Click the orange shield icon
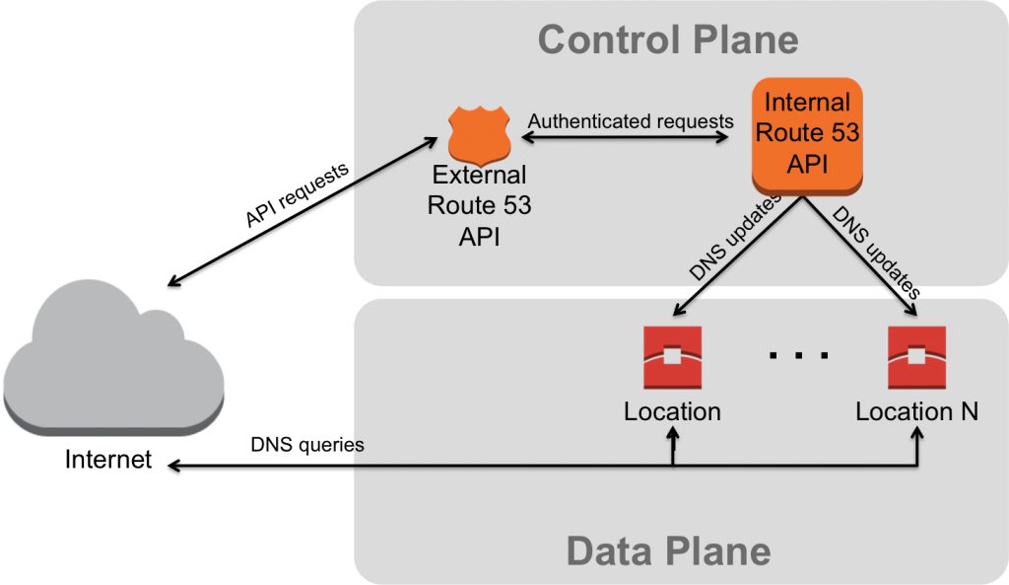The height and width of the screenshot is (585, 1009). click(480, 134)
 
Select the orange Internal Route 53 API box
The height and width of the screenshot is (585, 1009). click(807, 133)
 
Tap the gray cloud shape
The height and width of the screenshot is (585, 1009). click(113, 357)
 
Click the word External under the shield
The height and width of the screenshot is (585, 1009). click(478, 176)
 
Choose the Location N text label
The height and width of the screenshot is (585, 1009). click(916, 411)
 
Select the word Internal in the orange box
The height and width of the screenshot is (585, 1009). click(807, 103)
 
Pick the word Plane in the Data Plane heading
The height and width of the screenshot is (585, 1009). click(720, 550)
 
